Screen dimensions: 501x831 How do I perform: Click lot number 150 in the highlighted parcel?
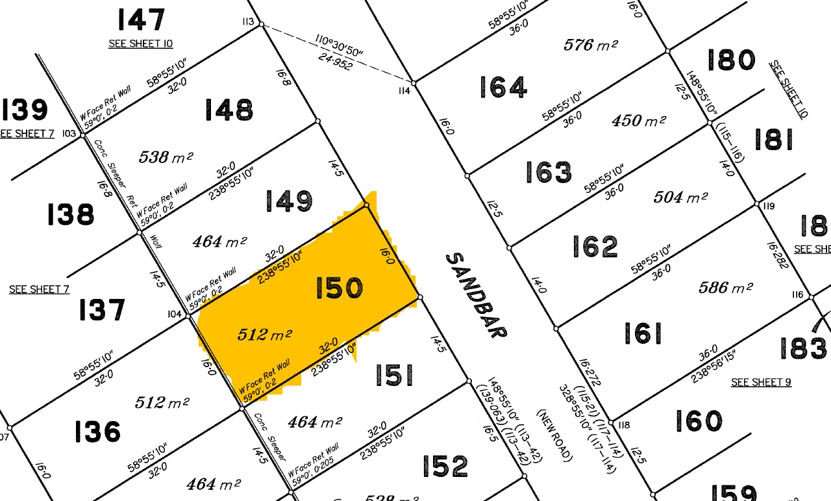click(339, 288)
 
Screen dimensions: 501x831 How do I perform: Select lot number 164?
click(503, 87)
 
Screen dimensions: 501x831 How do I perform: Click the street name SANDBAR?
click(476, 295)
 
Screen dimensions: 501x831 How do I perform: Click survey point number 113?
click(247, 22)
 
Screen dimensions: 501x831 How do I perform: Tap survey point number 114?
click(404, 91)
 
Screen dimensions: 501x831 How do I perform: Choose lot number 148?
click(229, 110)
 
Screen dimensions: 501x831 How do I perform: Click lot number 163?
click(549, 172)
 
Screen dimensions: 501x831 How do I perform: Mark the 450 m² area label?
click(638, 121)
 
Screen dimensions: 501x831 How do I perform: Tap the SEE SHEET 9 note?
click(761, 382)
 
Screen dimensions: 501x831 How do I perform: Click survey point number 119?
click(769, 207)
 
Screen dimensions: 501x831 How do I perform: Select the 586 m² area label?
click(725, 287)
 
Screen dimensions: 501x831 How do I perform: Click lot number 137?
click(102, 309)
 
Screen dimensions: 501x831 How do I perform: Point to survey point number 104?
click(174, 314)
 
